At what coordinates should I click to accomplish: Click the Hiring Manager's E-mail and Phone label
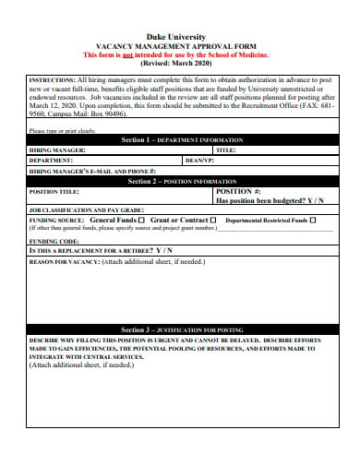(93, 172)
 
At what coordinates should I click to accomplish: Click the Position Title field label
(55, 191)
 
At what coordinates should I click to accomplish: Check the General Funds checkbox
(143, 221)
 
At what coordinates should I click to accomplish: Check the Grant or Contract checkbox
(213, 221)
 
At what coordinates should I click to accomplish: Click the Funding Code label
(54, 240)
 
